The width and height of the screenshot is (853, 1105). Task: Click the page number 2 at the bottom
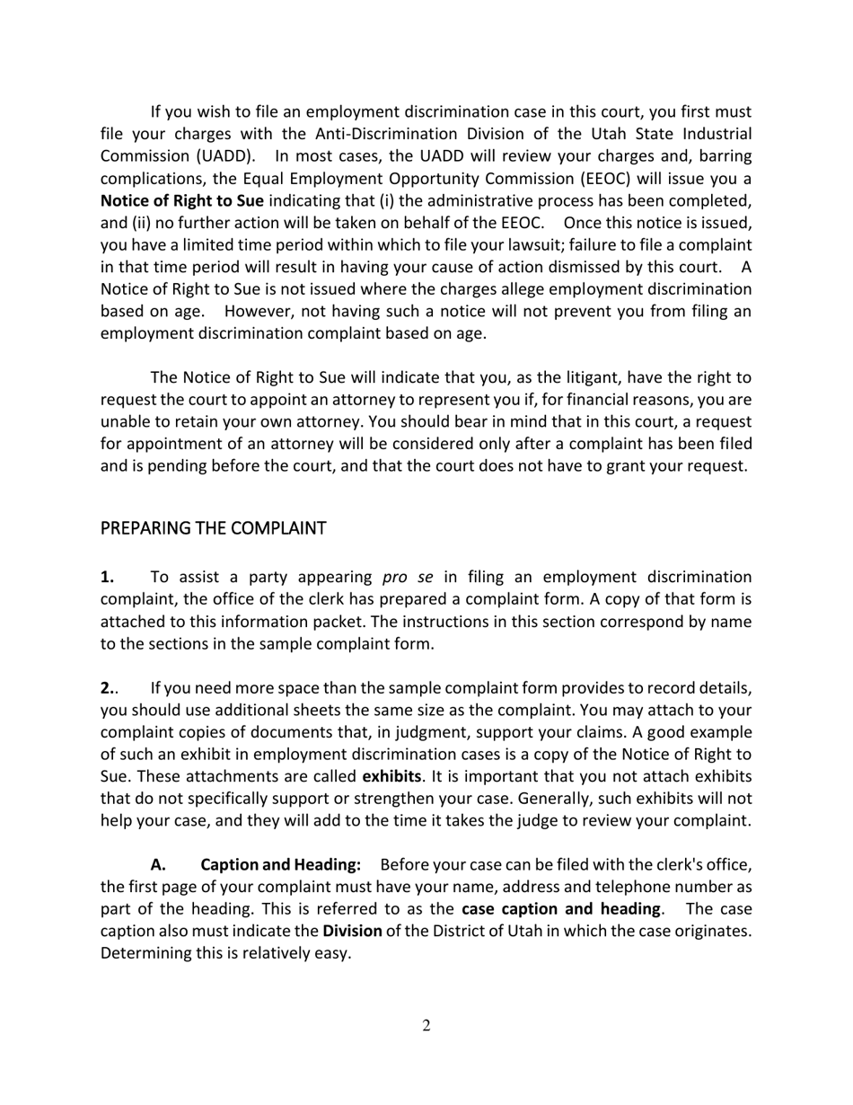(426, 1026)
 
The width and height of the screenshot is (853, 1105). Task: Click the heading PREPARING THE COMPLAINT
(213, 528)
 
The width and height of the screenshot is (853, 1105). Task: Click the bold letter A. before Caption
(159, 864)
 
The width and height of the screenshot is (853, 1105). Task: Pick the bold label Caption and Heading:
(280, 864)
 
